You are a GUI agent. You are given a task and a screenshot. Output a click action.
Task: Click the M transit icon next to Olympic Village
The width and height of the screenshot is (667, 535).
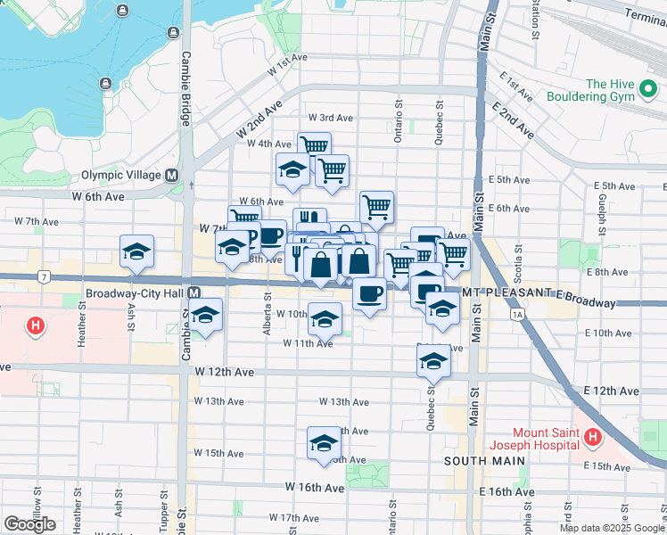point(170,176)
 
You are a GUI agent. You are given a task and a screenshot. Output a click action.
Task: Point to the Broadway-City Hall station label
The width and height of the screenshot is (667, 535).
point(136,293)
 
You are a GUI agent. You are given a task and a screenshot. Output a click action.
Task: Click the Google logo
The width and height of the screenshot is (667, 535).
point(29,523)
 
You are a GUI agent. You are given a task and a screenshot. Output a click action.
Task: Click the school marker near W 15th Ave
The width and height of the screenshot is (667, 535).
point(325,443)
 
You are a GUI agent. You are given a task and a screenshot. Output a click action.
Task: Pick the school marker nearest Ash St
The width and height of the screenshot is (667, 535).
point(136,252)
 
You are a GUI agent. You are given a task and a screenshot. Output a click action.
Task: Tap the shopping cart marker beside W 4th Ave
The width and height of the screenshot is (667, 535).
point(314,147)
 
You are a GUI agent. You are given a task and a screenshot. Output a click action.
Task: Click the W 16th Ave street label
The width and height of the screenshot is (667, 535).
point(314,488)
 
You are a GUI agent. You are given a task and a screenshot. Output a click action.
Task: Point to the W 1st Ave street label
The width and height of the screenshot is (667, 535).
point(287,57)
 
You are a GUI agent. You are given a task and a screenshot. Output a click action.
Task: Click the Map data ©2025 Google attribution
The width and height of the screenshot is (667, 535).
point(611,528)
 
